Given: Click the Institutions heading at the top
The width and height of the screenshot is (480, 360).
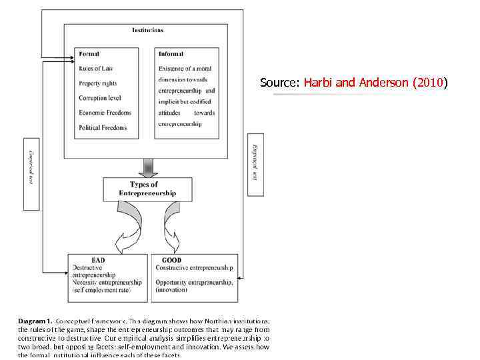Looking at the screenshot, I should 147,30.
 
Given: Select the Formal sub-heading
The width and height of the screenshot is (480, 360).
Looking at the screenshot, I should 89,53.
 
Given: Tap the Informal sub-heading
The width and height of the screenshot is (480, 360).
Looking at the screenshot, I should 171,53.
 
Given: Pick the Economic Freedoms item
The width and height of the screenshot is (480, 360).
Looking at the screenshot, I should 105,113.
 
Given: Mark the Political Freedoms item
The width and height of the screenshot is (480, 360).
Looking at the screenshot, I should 103,127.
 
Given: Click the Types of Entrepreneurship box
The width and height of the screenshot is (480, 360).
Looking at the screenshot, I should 148,189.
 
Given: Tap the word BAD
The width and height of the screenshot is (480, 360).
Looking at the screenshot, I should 97,260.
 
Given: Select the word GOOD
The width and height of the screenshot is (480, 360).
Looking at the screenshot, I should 171,260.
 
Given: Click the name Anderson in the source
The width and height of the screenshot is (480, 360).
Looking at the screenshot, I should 385,83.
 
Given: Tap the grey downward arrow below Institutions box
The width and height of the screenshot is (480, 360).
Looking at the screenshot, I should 148,167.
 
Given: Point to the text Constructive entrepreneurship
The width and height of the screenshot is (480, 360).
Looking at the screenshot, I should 195,268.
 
